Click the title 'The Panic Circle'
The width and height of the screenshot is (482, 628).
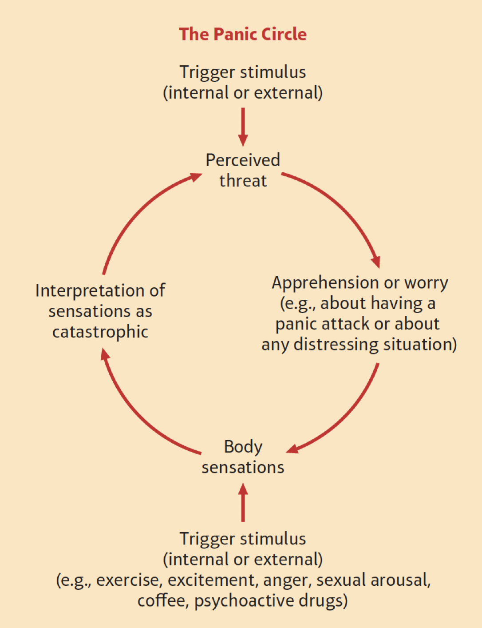pyautogui.click(x=242, y=34)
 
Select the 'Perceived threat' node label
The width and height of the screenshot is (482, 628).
pyautogui.click(x=243, y=170)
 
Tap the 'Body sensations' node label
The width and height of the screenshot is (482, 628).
pyautogui.click(x=243, y=457)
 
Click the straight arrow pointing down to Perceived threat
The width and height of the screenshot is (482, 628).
pyautogui.click(x=243, y=127)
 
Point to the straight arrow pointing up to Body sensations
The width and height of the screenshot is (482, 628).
pyautogui.click(x=243, y=502)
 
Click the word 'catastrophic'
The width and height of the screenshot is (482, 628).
pyautogui.click(x=100, y=332)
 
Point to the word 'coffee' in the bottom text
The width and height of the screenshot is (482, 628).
pyautogui.click(x=162, y=600)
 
